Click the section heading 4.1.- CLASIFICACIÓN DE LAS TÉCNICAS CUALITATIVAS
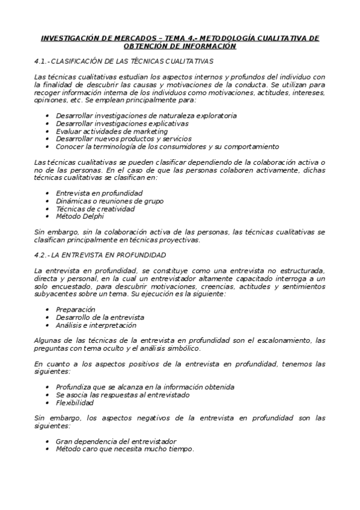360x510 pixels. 123,61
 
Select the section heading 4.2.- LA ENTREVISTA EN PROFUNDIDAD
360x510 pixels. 100,254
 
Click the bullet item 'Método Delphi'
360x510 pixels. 79,217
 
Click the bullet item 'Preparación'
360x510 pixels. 75,309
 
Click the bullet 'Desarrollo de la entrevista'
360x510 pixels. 100,317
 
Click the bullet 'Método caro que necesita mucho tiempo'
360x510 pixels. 124,449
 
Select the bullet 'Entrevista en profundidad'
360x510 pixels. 99,193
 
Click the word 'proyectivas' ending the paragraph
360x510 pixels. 180,240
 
